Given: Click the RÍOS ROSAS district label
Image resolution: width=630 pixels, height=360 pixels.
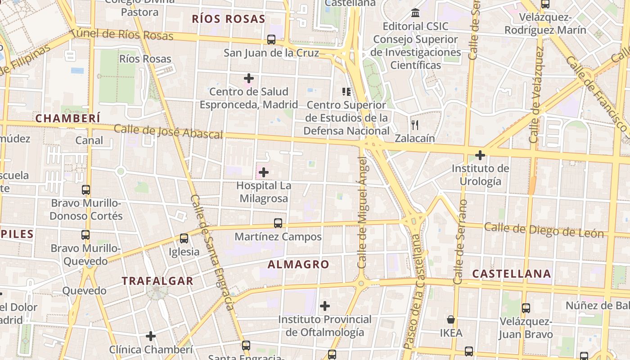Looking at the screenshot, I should [228, 19].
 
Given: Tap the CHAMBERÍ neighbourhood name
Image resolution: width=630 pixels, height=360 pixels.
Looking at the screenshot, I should [67, 118].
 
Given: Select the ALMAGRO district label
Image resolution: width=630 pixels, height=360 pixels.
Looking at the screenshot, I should [298, 265].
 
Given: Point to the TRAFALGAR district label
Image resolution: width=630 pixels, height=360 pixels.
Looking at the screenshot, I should [157, 281].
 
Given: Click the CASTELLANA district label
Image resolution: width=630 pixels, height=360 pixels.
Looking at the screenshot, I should [512, 274].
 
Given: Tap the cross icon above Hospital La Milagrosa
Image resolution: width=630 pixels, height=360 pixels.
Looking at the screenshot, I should [264, 172].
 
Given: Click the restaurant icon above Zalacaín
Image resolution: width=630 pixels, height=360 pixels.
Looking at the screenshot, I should [415, 125].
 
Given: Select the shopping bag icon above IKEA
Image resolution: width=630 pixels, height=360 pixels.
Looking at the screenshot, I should [450, 319].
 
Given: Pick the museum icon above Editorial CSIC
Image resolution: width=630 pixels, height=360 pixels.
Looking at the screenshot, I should [415, 13].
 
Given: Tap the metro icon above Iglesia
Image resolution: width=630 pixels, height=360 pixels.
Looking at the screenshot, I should [184, 238].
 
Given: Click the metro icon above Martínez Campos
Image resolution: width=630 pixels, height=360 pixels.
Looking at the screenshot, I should [278, 223].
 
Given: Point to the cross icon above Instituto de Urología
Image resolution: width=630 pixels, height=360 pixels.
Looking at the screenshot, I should [480, 155].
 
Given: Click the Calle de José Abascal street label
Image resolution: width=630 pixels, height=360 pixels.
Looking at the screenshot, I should [168, 131].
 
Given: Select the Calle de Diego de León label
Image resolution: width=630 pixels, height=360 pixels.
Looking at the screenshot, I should [544, 230].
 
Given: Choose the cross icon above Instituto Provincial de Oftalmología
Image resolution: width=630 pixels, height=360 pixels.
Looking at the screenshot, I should [324, 306].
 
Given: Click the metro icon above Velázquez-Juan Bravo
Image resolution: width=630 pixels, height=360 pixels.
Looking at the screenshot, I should [526, 308].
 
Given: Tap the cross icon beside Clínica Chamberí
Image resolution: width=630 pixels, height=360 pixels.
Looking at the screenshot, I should [151, 336].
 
